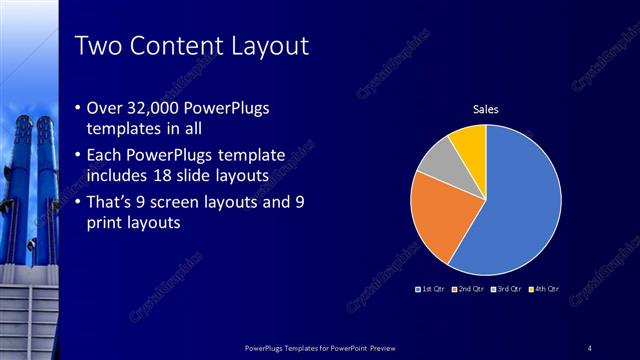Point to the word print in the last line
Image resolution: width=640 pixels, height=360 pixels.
click(107, 224)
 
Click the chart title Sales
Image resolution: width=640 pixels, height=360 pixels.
click(486, 109)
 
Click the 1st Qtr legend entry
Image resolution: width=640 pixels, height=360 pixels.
click(431, 289)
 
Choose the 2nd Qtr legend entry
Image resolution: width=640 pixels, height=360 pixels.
click(468, 289)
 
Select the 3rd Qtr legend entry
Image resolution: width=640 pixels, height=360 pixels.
click(505, 289)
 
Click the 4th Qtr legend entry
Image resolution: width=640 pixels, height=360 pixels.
click(542, 289)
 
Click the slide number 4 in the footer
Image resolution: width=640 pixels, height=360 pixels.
click(589, 347)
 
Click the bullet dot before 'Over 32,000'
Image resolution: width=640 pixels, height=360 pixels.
click(79, 108)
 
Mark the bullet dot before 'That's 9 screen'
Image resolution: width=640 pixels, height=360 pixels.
click(79, 202)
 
